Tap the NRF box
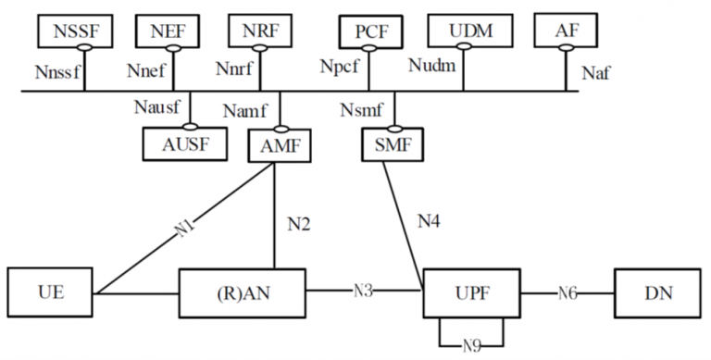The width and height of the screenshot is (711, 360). point(261,33)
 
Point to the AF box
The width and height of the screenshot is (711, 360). point(564,33)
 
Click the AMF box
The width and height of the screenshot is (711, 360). point(281,145)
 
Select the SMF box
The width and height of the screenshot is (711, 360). point(393,145)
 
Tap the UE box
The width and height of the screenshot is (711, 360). point(50,293)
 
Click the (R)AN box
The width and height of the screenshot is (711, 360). point(243,293)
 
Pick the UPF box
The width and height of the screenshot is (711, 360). point(471,293)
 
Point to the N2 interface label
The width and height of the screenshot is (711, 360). point(298,223)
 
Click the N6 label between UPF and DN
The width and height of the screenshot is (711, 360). point(568,293)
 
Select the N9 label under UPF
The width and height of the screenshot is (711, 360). point(471,347)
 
